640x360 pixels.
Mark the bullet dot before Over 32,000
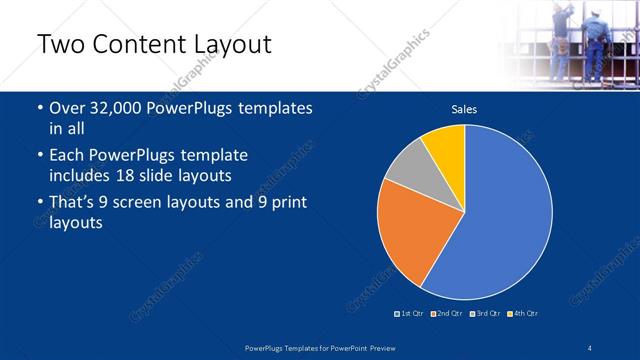click(x=38, y=108)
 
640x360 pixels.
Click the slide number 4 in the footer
click(x=589, y=347)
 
